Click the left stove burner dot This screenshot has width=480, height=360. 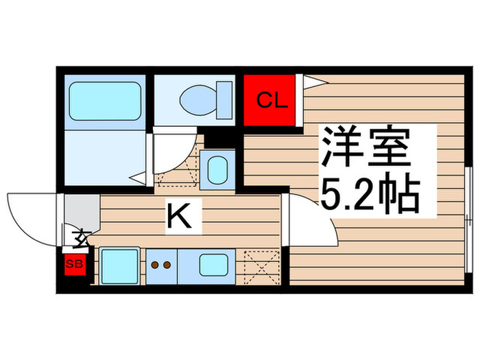155,265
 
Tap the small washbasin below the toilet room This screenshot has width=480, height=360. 217,169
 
